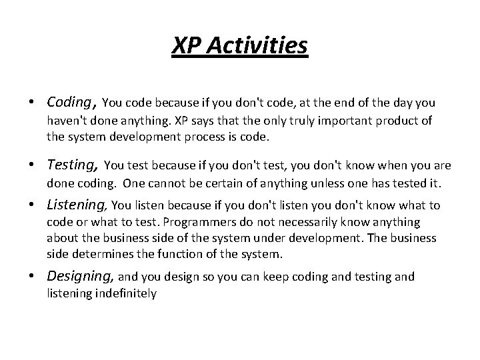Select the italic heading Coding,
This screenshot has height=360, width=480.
click(x=72, y=102)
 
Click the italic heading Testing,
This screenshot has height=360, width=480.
click(x=73, y=165)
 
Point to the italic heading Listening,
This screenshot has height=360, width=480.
click(x=78, y=205)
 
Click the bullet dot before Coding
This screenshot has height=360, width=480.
click(x=31, y=103)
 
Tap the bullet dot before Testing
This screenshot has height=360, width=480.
click(x=31, y=166)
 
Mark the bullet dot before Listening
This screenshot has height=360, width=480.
click(x=31, y=206)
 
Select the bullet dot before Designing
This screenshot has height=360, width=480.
click(x=31, y=277)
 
